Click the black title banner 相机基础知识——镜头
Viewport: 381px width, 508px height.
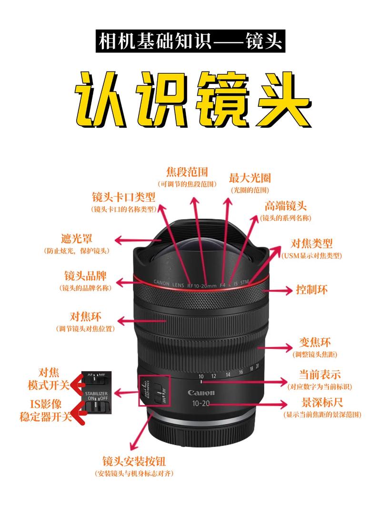tap(190, 41)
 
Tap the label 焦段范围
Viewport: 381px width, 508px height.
tap(187, 172)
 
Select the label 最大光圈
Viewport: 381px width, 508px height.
tap(250, 178)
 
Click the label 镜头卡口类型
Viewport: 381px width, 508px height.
tap(124, 197)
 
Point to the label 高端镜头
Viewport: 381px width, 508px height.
tap(285, 206)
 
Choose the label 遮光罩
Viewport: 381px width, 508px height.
tap(77, 239)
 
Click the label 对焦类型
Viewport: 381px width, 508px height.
tap(311, 244)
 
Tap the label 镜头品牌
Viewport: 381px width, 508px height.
tap(85, 276)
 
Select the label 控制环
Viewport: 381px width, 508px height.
tap(311, 290)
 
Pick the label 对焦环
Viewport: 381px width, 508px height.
tap(85, 316)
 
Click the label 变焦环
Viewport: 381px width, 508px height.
tap(315, 343)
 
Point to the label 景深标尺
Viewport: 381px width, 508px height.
tap(322, 403)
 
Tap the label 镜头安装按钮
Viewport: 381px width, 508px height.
tap(134, 461)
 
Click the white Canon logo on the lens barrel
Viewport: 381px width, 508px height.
tap(201, 393)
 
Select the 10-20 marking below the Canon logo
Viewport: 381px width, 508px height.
tap(201, 403)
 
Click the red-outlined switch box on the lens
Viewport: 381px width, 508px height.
tap(154, 390)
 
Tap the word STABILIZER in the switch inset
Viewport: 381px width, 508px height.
tap(96, 393)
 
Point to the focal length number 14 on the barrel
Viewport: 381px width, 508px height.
tap(228, 375)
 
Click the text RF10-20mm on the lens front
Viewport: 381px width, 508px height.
tap(201, 286)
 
